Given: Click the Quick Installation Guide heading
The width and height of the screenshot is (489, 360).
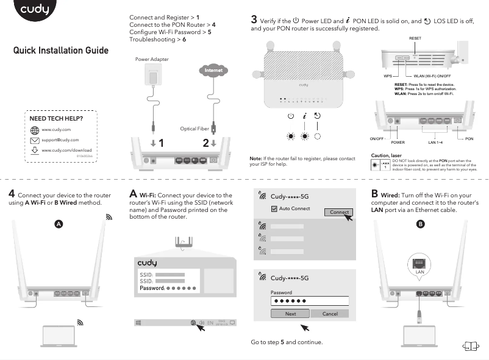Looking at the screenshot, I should tap(61, 50).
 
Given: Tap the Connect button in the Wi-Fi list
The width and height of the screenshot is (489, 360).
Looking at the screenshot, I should tap(338, 212).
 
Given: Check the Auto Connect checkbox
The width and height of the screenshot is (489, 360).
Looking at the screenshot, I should tap(274, 208).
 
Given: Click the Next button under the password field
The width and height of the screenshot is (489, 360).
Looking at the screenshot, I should tap(290, 314).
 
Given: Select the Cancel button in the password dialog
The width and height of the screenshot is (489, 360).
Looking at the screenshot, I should tap(329, 314).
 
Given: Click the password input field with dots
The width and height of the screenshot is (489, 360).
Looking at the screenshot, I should tap(309, 302).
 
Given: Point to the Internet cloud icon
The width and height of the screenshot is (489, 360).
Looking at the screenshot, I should tap(213, 71).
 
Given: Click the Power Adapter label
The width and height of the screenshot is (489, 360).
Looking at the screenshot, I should tap(152, 59).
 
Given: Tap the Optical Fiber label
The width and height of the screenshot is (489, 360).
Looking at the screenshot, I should tap(195, 129).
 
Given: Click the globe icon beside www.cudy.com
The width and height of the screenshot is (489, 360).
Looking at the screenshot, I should tap(35, 130).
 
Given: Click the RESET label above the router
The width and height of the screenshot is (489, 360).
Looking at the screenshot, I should tap(415, 38).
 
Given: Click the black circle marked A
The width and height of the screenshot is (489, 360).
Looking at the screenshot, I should tap(59, 224).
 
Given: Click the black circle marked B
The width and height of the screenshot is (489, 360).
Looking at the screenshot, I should tap(420, 224).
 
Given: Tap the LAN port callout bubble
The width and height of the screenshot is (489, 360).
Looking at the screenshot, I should tap(418, 263).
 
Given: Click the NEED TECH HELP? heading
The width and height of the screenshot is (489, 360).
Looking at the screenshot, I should tap(57, 118).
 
